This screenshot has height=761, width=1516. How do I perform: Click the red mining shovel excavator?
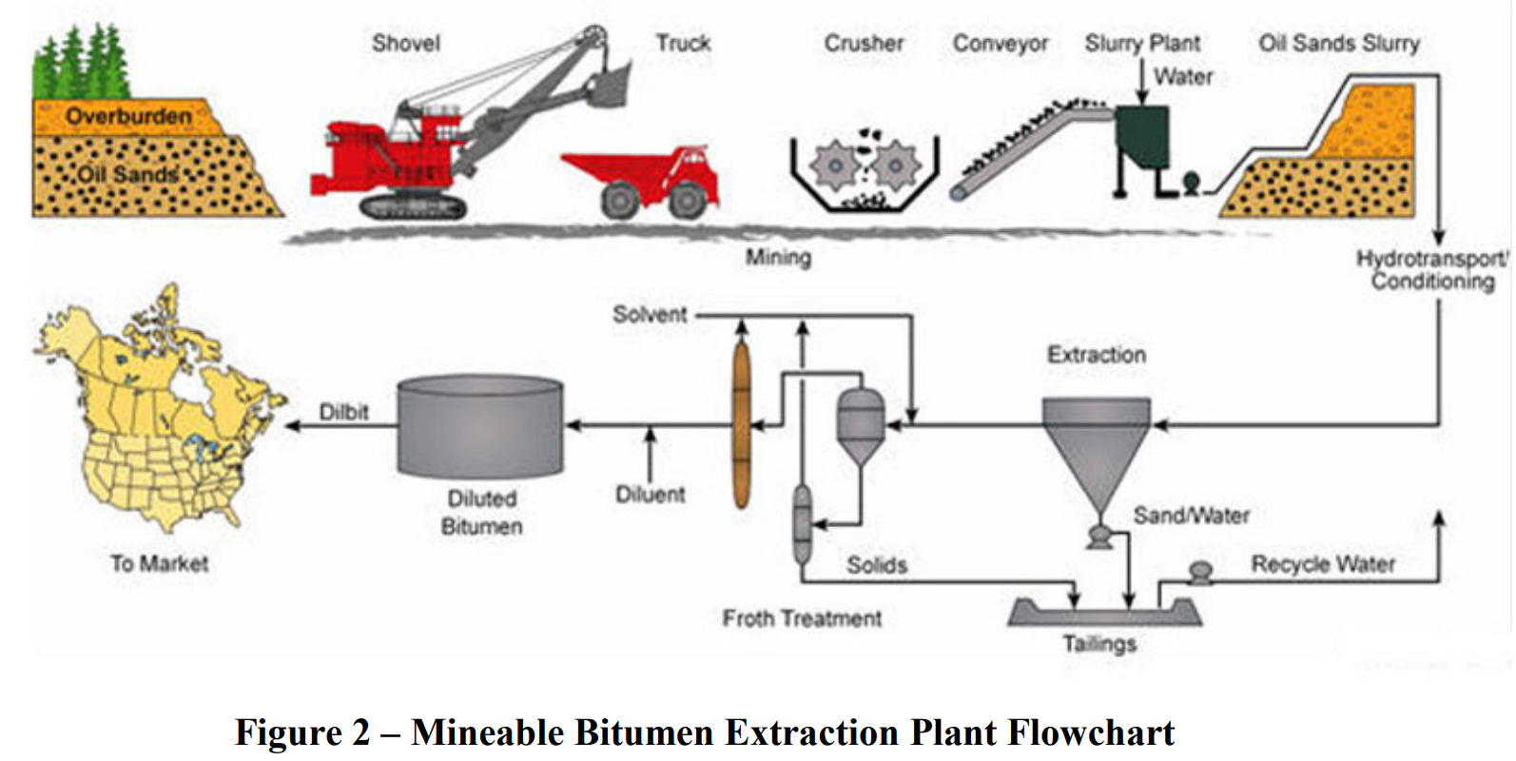[399, 157]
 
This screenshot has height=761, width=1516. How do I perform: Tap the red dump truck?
[647, 179]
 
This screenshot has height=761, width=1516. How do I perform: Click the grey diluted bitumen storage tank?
[480, 425]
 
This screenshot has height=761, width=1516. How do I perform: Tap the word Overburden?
[128, 116]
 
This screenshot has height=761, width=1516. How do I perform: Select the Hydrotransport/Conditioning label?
[1431, 269]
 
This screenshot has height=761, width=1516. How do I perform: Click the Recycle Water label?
[1323, 564]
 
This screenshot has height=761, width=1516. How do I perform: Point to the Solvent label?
[650, 314]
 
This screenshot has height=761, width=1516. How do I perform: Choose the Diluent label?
[651, 495]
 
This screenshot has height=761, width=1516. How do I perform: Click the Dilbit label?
[343, 412]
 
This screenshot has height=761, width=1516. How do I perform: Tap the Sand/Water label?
[1191, 516]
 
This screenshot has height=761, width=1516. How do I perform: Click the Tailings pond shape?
[1103, 611]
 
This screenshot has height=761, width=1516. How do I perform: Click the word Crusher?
[864, 43]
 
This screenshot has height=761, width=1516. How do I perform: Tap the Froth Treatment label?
[802, 618]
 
